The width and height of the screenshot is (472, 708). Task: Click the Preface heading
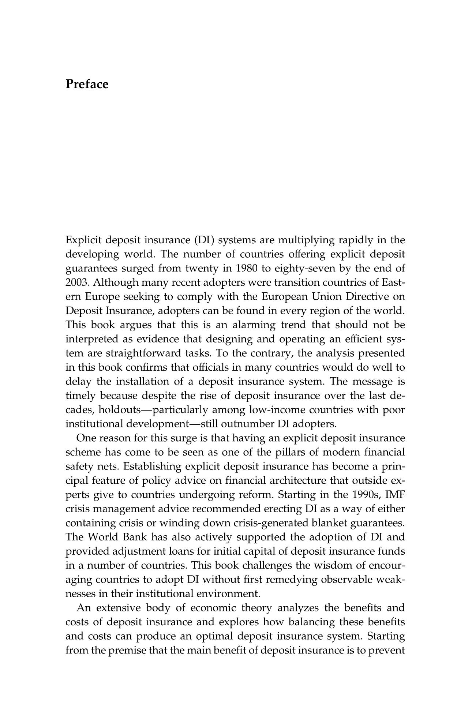(x=87, y=84)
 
